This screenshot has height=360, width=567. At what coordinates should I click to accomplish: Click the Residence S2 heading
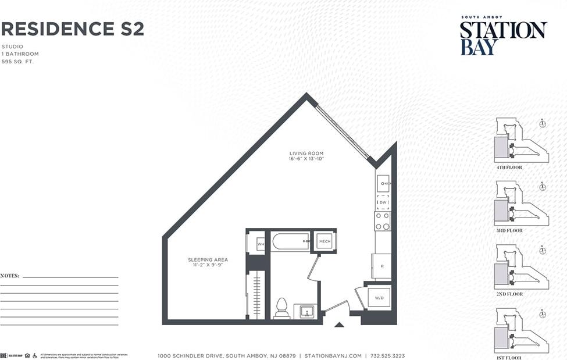72,28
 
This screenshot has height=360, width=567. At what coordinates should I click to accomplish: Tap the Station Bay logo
503,36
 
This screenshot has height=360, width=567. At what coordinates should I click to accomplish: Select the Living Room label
306,154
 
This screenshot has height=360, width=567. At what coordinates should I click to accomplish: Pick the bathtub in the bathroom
291,241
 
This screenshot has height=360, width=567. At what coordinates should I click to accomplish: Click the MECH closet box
324,241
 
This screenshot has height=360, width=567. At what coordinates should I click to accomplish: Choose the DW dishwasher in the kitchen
383,202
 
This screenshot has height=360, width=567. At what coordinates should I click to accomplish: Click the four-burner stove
382,221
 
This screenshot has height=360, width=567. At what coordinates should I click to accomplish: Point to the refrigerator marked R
381,266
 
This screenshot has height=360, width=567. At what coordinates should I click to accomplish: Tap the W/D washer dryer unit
379,298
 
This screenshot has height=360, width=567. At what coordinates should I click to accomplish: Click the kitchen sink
383,184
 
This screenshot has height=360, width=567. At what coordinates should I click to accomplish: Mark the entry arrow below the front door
339,325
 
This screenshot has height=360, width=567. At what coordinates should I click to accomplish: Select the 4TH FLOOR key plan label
509,167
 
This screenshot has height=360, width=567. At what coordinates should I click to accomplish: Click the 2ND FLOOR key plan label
509,294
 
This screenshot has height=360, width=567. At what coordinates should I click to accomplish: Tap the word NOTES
10,276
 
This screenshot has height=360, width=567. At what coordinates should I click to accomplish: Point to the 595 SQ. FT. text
17,61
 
